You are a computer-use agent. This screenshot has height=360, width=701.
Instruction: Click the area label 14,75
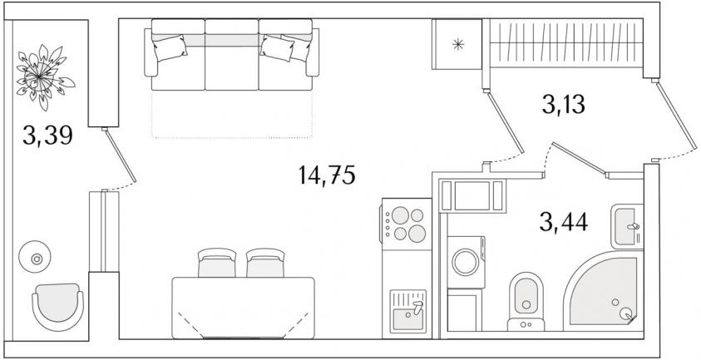(327, 175)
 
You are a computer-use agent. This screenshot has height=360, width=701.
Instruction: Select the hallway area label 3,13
(563, 105)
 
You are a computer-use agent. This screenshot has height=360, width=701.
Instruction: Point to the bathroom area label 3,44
(563, 222)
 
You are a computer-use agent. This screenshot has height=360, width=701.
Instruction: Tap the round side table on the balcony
(35, 258)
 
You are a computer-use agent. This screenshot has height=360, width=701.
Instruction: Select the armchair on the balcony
(57, 307)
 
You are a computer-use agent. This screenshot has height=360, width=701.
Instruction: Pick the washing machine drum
(465, 262)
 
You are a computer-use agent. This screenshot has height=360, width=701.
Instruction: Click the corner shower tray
(605, 291)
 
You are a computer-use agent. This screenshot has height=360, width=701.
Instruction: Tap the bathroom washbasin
(627, 226)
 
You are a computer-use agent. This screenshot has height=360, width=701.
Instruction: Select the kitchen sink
(407, 311)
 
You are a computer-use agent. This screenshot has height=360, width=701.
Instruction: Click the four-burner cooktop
(406, 224)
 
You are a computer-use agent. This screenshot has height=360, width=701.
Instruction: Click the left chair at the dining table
(217, 263)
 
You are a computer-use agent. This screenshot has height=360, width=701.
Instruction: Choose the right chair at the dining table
(265, 263)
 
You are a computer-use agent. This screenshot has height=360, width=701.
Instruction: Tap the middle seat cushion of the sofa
(231, 67)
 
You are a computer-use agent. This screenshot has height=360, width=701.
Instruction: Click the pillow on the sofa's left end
(169, 47)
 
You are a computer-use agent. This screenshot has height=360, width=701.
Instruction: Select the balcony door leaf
(120, 155)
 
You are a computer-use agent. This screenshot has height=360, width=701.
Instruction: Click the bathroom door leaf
(579, 158)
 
